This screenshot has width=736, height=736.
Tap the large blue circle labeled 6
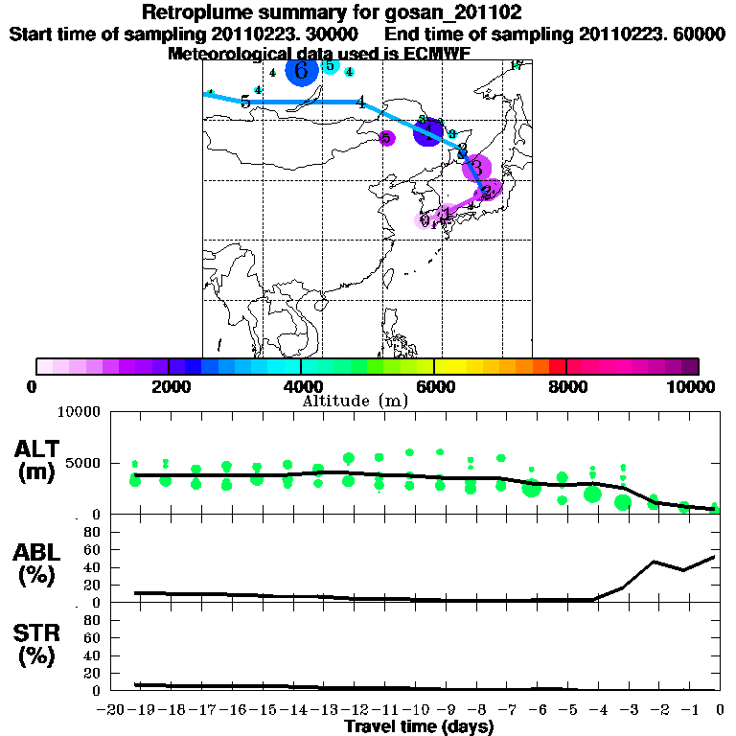click(301, 71)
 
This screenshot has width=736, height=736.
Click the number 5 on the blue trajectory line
click(245, 102)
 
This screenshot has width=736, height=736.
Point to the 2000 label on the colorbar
click(169, 386)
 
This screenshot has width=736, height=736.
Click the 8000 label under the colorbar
click(567, 386)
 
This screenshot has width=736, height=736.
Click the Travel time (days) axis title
click(419, 727)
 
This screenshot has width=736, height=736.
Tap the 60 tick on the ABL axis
click(91, 549)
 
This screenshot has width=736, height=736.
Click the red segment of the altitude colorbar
click(556, 366)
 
